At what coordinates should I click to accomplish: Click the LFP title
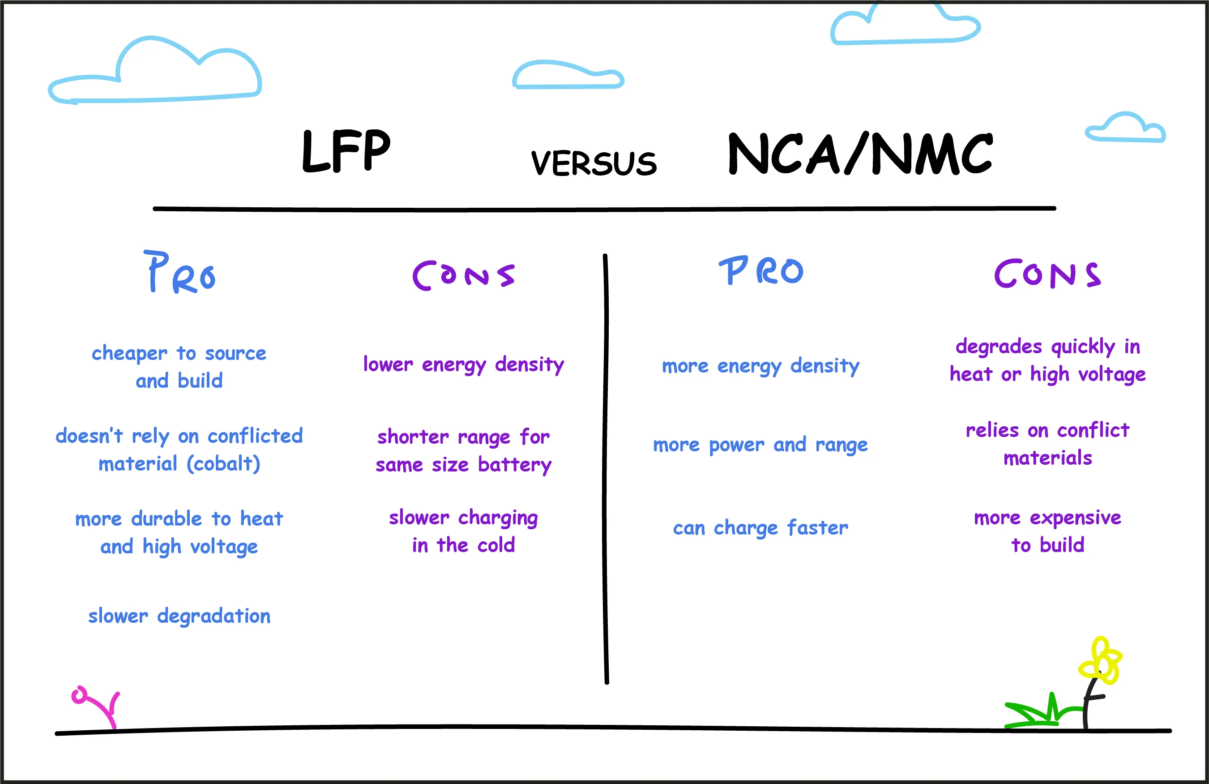click(346, 151)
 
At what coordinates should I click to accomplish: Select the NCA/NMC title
click(860, 154)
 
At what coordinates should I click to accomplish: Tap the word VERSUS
click(594, 163)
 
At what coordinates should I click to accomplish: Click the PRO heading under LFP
click(180, 272)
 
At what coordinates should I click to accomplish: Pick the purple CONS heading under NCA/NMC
click(1047, 274)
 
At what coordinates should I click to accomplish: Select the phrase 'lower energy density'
click(463, 365)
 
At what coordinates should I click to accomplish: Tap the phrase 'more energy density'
click(760, 366)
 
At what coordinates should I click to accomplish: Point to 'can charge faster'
click(760, 528)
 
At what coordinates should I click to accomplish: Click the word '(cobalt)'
click(223, 463)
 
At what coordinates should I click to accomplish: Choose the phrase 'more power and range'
click(760, 445)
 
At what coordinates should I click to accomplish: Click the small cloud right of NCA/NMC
click(1126, 128)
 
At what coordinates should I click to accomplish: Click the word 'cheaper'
click(129, 354)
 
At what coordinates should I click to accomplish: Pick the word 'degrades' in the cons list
click(999, 347)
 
